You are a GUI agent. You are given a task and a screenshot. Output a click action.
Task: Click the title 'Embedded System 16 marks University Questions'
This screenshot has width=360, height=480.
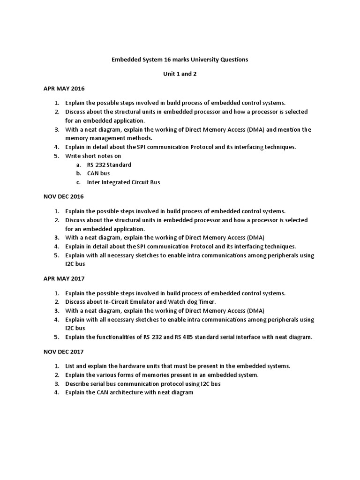point(180,60)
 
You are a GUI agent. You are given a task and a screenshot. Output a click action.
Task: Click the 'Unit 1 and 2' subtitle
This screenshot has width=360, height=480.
point(180,74)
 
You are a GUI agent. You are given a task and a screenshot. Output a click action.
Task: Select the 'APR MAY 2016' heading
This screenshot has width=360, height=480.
point(64,89)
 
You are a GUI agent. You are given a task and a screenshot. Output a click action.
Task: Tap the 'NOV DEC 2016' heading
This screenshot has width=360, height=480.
point(64,196)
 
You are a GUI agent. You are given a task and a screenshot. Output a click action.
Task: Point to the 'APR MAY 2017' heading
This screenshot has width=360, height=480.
point(64,278)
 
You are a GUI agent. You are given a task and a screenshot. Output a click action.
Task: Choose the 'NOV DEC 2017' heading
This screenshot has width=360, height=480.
point(64,352)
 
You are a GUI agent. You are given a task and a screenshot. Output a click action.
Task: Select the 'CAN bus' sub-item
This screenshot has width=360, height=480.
point(98,173)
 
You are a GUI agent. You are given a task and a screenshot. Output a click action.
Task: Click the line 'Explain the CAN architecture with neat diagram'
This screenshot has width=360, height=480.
point(129,392)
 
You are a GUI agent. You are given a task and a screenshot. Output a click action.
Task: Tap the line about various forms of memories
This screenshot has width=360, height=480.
point(162,375)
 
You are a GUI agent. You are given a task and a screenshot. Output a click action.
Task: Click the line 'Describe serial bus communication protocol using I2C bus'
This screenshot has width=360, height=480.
point(143,384)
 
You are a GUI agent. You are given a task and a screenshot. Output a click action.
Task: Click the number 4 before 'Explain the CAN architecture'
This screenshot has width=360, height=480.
point(56,392)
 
